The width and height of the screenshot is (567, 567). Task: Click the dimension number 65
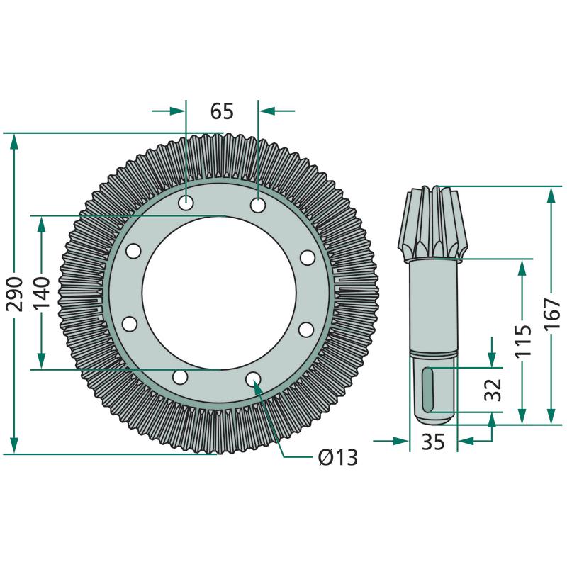(222, 111)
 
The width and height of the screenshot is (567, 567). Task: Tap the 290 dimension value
(15, 293)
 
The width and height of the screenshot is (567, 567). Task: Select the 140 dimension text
(41, 293)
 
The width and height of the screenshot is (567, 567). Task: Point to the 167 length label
(551, 314)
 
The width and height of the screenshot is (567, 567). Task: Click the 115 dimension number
(523, 341)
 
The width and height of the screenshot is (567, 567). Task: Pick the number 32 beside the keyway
(493, 390)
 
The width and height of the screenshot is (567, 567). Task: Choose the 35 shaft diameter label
(433, 442)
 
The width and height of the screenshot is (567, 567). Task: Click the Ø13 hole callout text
(338, 457)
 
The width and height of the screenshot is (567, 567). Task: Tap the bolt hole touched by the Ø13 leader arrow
(253, 379)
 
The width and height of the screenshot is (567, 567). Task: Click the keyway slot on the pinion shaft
(428, 389)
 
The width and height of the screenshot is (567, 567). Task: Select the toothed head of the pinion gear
(433, 223)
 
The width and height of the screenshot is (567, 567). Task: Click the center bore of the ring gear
(219, 293)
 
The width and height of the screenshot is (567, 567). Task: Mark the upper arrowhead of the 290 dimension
(14, 141)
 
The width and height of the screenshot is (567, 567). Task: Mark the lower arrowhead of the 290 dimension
(14, 445)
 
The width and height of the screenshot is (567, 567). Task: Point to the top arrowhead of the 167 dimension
(551, 194)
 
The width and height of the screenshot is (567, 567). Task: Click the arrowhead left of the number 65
(177, 111)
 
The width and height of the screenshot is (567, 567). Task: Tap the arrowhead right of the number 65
(267, 111)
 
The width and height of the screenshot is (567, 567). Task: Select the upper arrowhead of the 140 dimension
(41, 225)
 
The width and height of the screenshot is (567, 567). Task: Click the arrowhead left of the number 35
(401, 441)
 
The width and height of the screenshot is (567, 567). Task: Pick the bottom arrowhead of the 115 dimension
(522, 416)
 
